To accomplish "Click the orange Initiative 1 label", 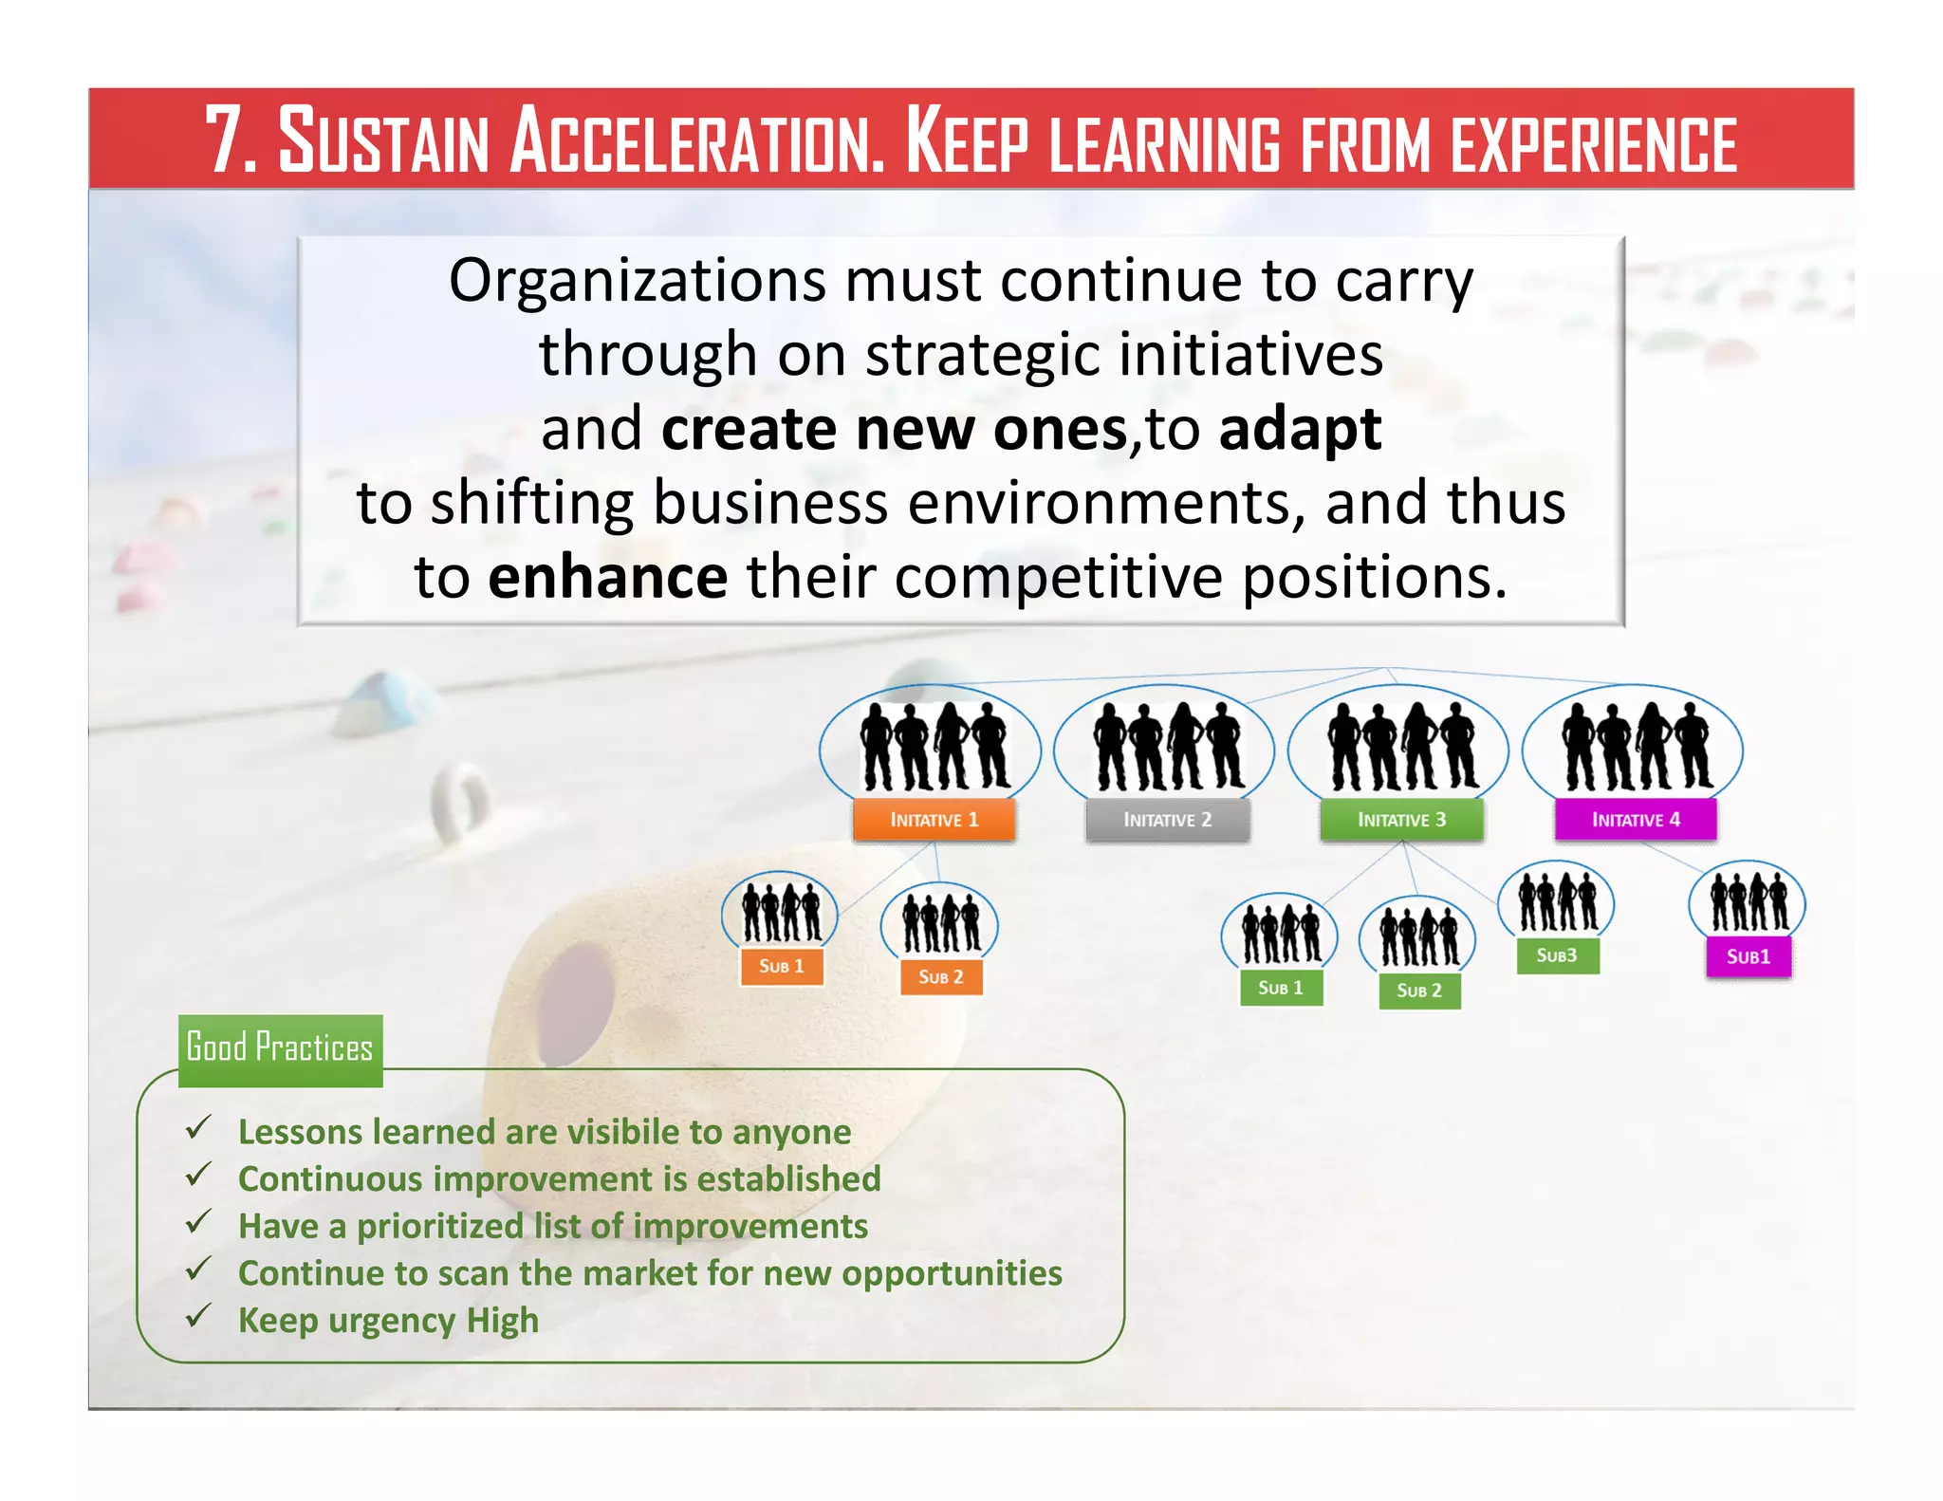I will pos(934,820).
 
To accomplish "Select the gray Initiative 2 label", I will pos(1167,820).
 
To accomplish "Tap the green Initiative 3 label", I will pos(1401,820).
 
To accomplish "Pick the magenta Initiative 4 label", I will pos(1636,820).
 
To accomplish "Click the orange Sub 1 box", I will pos(781,966).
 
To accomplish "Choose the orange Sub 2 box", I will pos(940,976).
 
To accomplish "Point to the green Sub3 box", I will pos(1557,955).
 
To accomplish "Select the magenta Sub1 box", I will pos(1749,956).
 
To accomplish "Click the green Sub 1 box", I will pos(1280,988).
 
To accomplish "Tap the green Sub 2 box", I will pos(1418,991).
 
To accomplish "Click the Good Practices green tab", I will pos(280,1048).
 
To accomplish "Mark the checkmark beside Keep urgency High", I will pos(198,1317).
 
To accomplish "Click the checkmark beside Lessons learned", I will pos(198,1128).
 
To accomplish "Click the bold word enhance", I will pos(607,577).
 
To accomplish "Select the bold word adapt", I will pos(1300,429).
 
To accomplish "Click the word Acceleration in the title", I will pos(697,142).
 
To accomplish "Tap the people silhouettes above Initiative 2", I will pos(1167,747).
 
